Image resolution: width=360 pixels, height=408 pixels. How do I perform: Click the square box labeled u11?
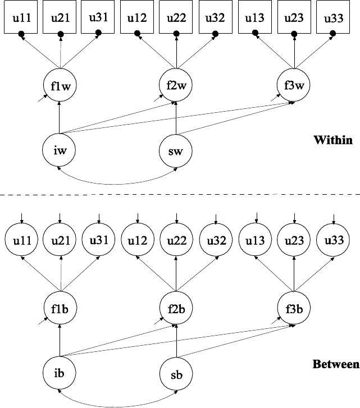click(21, 19)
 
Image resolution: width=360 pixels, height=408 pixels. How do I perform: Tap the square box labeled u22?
click(177, 19)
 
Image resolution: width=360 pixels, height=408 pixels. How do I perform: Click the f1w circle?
click(60, 86)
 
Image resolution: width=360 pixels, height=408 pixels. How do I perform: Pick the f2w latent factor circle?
click(176, 85)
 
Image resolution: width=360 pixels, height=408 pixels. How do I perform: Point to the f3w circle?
click(294, 86)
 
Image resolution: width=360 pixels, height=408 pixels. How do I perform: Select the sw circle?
click(176, 150)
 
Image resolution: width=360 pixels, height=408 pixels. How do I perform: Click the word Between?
click(335, 365)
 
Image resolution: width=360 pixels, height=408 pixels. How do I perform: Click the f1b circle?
click(60, 309)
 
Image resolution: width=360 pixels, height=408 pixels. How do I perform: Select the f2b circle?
click(176, 309)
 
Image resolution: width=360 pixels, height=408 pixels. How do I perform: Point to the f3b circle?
click(294, 309)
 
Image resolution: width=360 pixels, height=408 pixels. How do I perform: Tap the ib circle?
click(60, 372)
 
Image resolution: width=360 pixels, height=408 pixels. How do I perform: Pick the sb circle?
click(176, 373)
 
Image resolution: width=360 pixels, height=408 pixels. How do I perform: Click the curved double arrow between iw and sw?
click(118, 182)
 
